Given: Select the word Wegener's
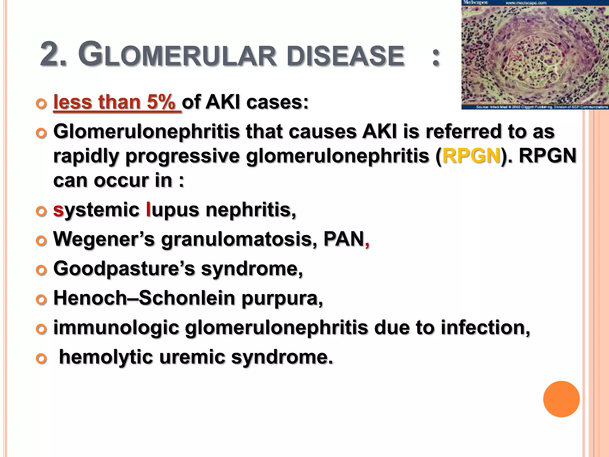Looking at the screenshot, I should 104,239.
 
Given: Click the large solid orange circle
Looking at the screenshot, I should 561,399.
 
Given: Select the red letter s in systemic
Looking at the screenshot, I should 58,210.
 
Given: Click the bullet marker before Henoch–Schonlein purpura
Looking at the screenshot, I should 41,300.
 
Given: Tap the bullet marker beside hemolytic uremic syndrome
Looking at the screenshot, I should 41,359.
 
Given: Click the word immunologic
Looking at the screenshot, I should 116,327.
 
